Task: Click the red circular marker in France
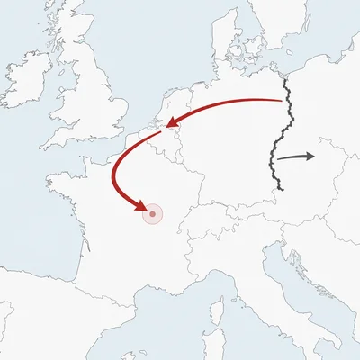click(x=153, y=213)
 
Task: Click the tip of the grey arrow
click(x=315, y=156)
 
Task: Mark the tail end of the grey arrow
click(x=277, y=159)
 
